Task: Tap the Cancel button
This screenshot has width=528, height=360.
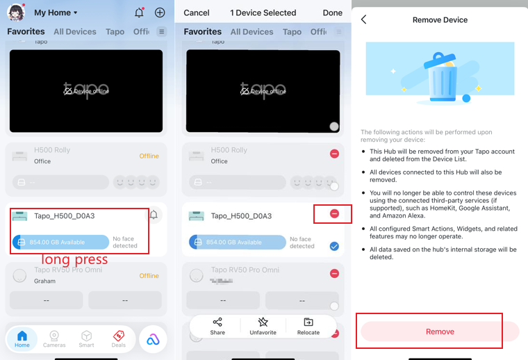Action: click(197, 13)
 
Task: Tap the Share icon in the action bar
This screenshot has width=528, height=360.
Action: click(217, 326)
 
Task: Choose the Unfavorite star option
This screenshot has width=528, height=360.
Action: click(263, 326)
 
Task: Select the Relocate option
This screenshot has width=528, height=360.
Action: click(308, 326)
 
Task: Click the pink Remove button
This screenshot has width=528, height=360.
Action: click(440, 332)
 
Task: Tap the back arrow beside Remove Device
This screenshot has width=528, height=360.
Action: click(363, 20)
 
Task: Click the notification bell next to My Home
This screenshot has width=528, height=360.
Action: click(139, 13)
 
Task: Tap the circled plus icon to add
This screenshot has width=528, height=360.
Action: click(160, 13)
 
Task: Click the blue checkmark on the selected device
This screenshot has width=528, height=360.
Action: click(334, 245)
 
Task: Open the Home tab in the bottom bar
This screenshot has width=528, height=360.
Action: click(22, 338)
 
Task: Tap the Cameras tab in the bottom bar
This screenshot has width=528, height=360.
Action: click(54, 338)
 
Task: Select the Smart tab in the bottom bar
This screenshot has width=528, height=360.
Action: click(86, 338)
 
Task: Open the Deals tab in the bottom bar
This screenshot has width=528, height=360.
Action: click(119, 338)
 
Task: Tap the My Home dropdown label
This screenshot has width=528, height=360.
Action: click(56, 13)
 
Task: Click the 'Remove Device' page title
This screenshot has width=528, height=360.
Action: click(440, 20)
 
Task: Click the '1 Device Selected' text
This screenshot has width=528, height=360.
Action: click(263, 13)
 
